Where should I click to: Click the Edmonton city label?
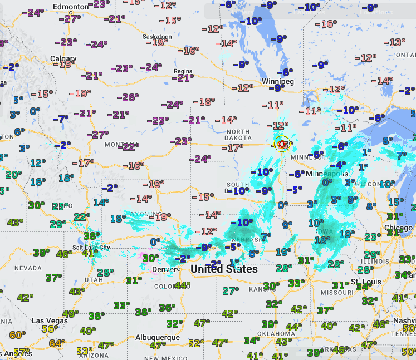coord(70,6)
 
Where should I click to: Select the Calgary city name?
coord(63,58)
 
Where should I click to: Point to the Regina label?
coord(183,71)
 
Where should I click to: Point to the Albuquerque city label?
coord(158,337)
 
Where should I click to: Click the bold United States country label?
coord(224,269)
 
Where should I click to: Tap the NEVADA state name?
coord(28,268)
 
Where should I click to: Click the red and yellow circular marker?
coord(282,144)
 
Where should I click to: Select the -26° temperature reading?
coord(129,97)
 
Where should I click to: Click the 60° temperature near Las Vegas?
coord(18,334)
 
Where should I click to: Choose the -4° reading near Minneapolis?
coord(337,165)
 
